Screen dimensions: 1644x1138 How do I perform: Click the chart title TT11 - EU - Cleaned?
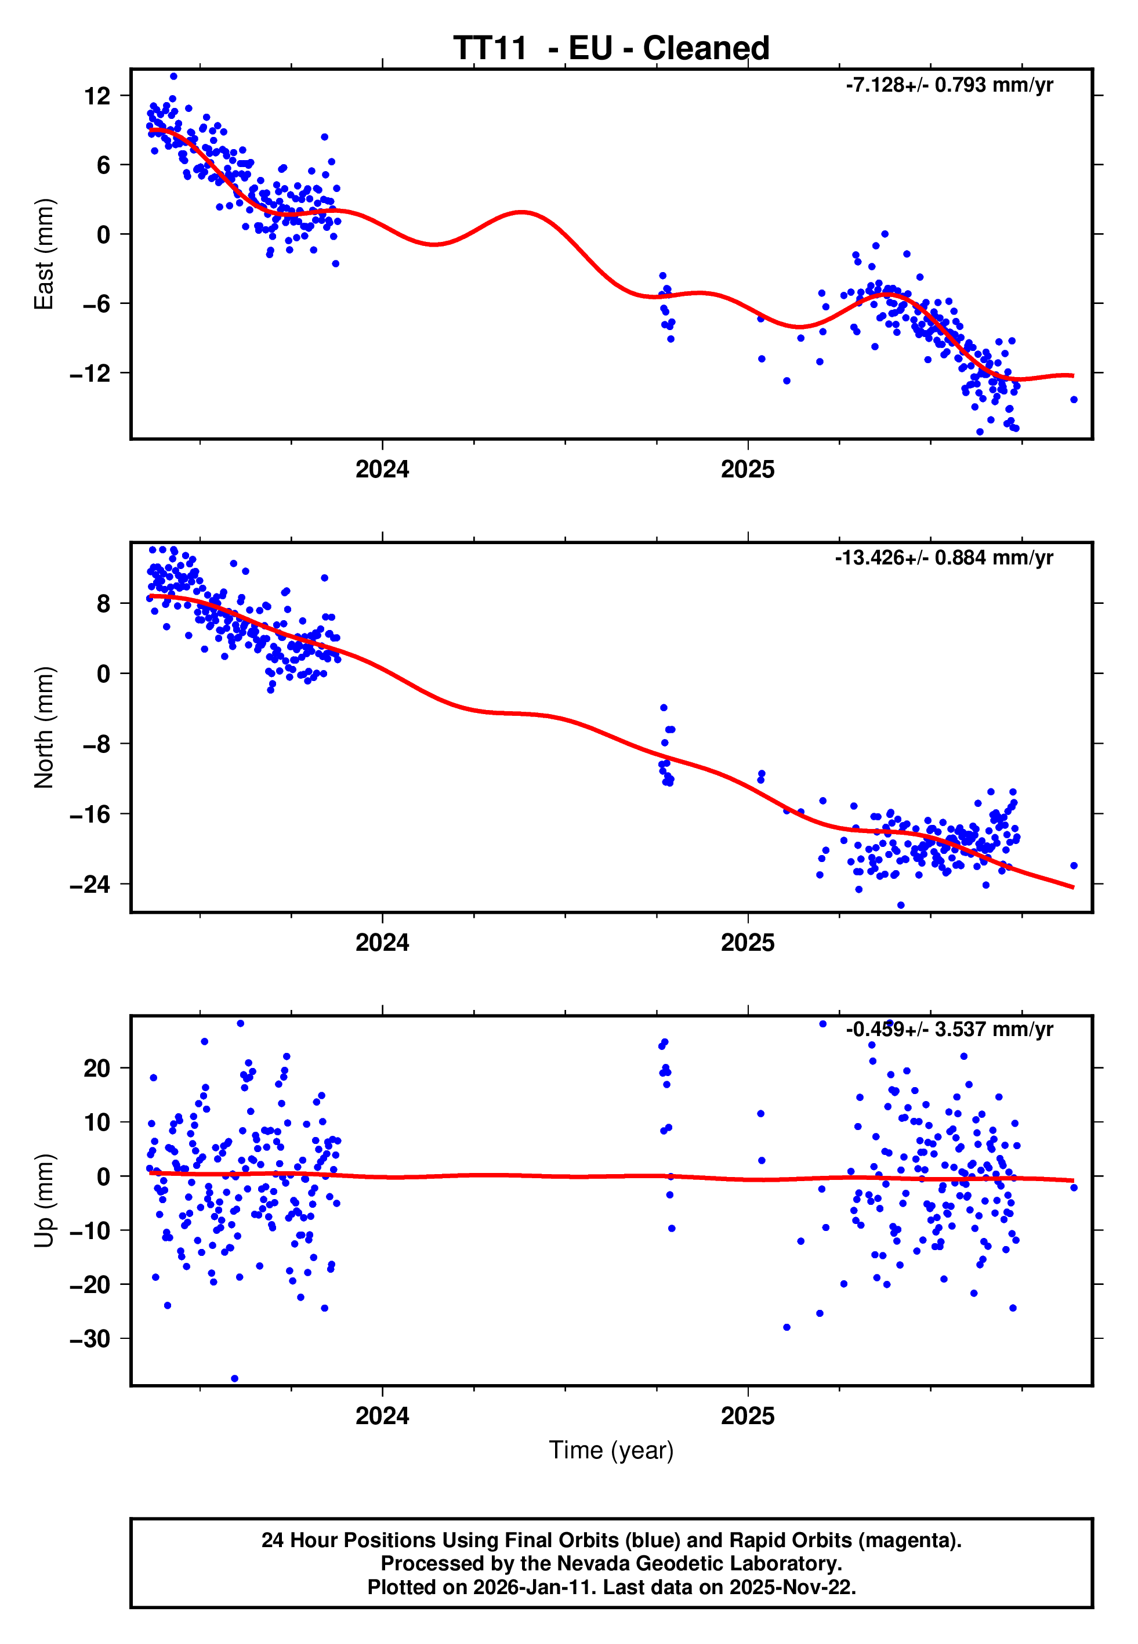[x=611, y=49]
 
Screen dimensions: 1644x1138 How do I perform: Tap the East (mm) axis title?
[x=44, y=254]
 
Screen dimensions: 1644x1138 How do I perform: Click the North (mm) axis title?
[x=44, y=727]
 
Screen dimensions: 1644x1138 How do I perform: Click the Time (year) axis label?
[x=611, y=1450]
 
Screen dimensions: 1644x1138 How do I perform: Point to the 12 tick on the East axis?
[x=97, y=96]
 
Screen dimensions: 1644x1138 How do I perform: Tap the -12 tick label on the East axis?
[x=90, y=373]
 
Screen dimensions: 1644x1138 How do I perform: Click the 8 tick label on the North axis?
[x=104, y=604]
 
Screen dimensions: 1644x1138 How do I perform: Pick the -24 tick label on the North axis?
[x=90, y=885]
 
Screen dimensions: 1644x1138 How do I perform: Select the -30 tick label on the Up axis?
[x=90, y=1339]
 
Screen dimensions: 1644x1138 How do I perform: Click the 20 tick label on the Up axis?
[x=97, y=1069]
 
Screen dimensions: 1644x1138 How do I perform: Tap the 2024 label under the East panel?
[x=382, y=470]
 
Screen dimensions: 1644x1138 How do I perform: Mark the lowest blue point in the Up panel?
[x=234, y=1379]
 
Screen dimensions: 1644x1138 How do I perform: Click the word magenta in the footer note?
[x=905, y=1541]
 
